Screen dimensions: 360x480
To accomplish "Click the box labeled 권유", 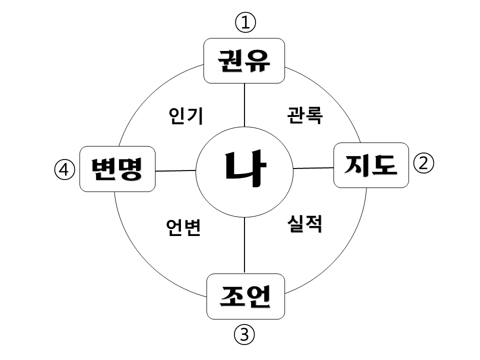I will tap(244, 60).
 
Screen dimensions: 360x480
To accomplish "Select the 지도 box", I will tap(371, 165).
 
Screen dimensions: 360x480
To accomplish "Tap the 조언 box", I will tap(245, 296).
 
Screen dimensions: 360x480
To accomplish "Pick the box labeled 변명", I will tap(117, 169).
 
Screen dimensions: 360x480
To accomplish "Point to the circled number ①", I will tap(245, 22).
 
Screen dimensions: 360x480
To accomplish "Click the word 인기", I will tap(185, 115).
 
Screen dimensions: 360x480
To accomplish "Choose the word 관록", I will tap(305, 115).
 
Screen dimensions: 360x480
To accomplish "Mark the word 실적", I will tap(304, 223).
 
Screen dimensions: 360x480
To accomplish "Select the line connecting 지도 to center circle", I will tap(313, 168).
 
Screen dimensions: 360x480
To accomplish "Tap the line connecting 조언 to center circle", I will tap(244, 245).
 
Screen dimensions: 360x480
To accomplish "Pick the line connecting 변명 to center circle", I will tap(175, 170).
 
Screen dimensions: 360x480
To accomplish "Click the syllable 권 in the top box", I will tap(230, 60).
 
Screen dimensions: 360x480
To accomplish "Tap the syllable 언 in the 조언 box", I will tap(258, 296).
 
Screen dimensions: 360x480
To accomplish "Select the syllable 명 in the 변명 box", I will tap(130, 169).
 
